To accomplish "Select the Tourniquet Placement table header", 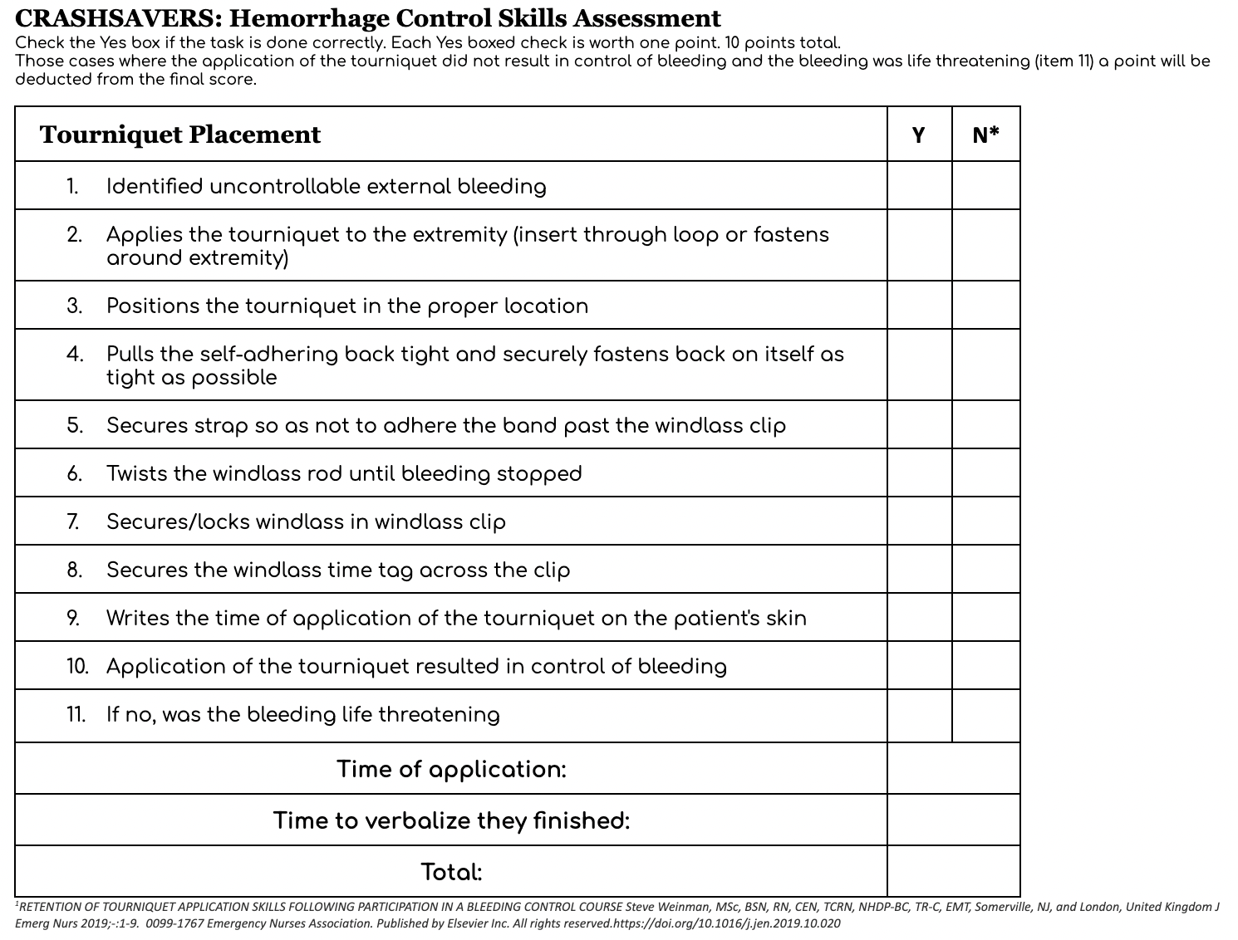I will pyautogui.click(x=179, y=135).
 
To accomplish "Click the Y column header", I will pyautogui.click(x=918, y=135).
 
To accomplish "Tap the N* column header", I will pyautogui.click(x=985, y=135).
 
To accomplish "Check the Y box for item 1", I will pyautogui.click(x=919, y=186).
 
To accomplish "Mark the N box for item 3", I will pyautogui.click(x=985, y=306).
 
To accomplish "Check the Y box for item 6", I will pyautogui.click(x=919, y=473).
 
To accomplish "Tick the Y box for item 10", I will pyautogui.click(x=919, y=666).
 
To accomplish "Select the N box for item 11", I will pyautogui.click(x=985, y=716).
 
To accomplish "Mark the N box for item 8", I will pyautogui.click(x=985, y=570).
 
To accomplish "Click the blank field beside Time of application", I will pyautogui.click(x=953, y=769).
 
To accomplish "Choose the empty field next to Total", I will pyautogui.click(x=953, y=872).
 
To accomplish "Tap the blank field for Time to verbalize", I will pyautogui.click(x=953, y=820).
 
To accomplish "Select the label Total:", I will pyautogui.click(x=451, y=872).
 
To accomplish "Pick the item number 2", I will pyautogui.click(x=75, y=235).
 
